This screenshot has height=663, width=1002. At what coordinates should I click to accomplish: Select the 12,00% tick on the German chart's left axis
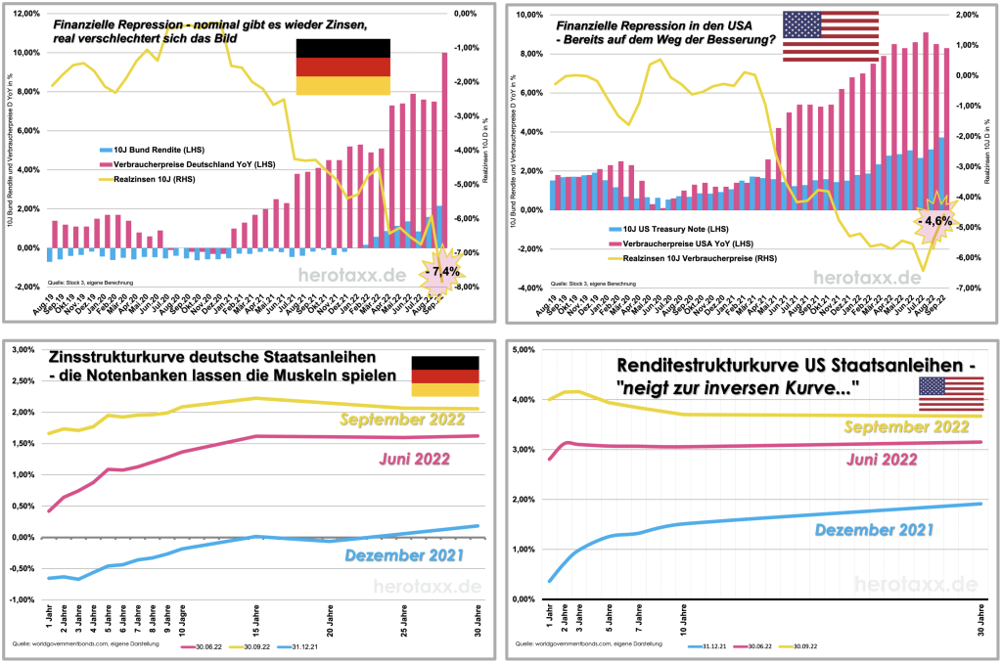27,14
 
